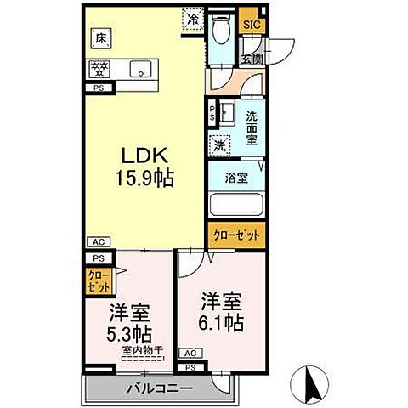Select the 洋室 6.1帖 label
coord(222,311)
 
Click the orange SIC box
coord(252,25)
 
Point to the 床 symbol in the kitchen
coord(100,37)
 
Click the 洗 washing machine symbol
coord(219,144)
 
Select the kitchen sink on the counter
coord(139,69)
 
